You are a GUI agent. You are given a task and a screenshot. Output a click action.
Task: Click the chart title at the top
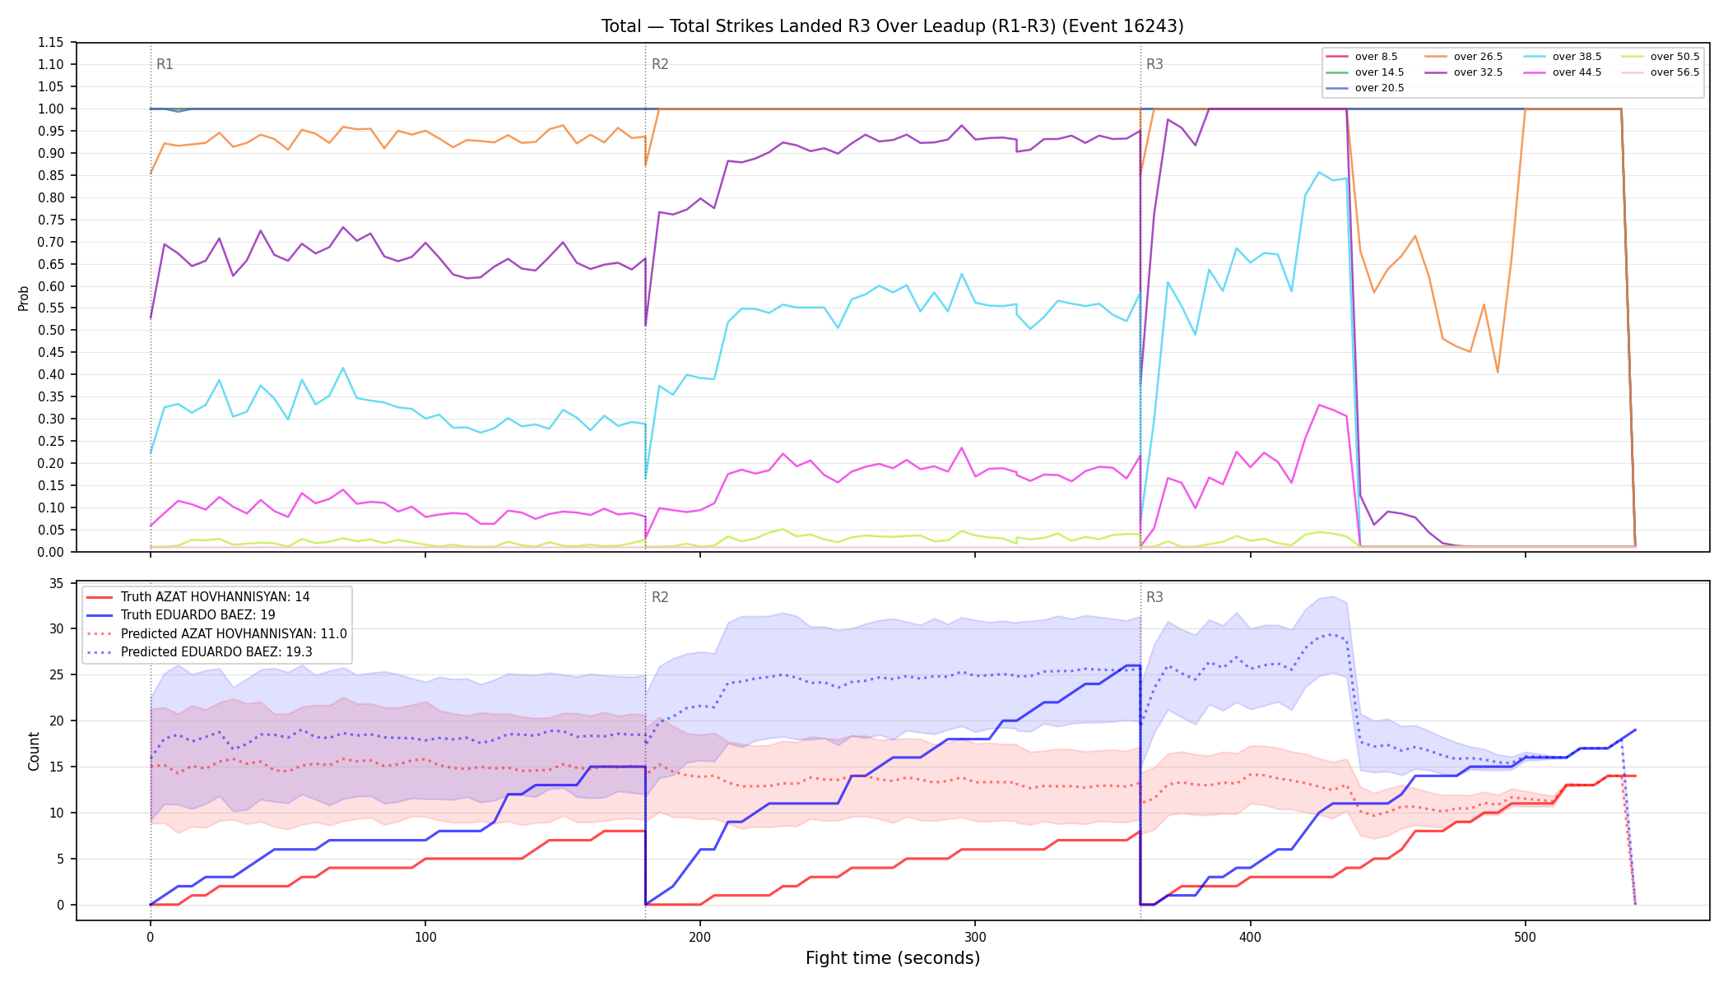tap(892, 26)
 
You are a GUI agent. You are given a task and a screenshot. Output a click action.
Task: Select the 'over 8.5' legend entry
tap(1362, 57)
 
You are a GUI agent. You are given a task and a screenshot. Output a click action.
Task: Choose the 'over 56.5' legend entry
tap(1660, 72)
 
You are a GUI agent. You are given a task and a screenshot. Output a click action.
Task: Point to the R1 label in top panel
tap(165, 64)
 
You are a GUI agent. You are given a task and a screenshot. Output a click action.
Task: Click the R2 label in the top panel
tap(660, 64)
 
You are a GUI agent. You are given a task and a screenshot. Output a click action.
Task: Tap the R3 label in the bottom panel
tap(1154, 597)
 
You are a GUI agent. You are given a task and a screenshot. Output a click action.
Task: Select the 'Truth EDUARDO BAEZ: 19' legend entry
tap(197, 615)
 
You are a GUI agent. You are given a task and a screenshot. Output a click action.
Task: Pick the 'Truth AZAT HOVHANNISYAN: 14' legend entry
tap(198, 597)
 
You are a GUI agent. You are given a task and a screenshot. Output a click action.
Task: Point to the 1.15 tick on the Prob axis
tap(51, 43)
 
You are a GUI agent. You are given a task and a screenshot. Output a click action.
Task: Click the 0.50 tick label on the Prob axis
tap(51, 331)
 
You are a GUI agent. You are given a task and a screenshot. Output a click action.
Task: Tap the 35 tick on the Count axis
tap(57, 584)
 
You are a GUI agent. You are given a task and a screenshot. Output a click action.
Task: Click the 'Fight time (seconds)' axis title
tap(893, 958)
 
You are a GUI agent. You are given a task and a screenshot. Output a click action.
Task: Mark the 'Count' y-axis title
tap(34, 752)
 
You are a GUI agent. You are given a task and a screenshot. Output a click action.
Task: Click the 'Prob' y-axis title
tap(24, 298)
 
